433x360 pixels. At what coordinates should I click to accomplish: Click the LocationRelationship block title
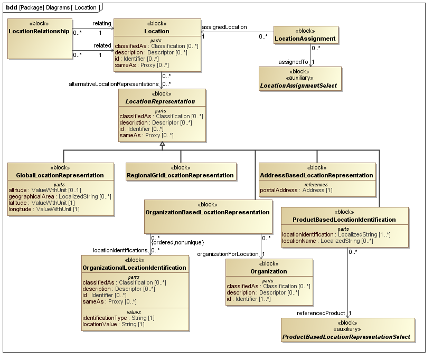pyautogui.click(x=39, y=31)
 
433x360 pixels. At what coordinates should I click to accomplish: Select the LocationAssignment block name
pyautogui.click(x=306, y=39)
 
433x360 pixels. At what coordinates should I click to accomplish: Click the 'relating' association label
pyautogui.click(x=102, y=24)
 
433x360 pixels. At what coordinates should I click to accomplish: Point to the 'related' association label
pyautogui.click(x=102, y=45)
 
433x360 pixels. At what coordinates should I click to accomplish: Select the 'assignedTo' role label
pyautogui.click(x=293, y=62)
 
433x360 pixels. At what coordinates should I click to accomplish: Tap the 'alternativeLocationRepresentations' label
pyautogui.click(x=114, y=84)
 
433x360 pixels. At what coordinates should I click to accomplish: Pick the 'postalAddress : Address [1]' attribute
pyautogui.click(x=296, y=190)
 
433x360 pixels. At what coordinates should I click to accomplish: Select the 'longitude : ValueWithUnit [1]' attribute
pyautogui.click(x=44, y=209)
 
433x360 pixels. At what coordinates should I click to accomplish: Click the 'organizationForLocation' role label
pyautogui.click(x=228, y=254)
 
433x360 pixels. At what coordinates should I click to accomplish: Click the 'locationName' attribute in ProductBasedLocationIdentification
pyautogui.click(x=327, y=241)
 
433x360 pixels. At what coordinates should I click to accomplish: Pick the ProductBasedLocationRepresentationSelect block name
pyautogui.click(x=346, y=336)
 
